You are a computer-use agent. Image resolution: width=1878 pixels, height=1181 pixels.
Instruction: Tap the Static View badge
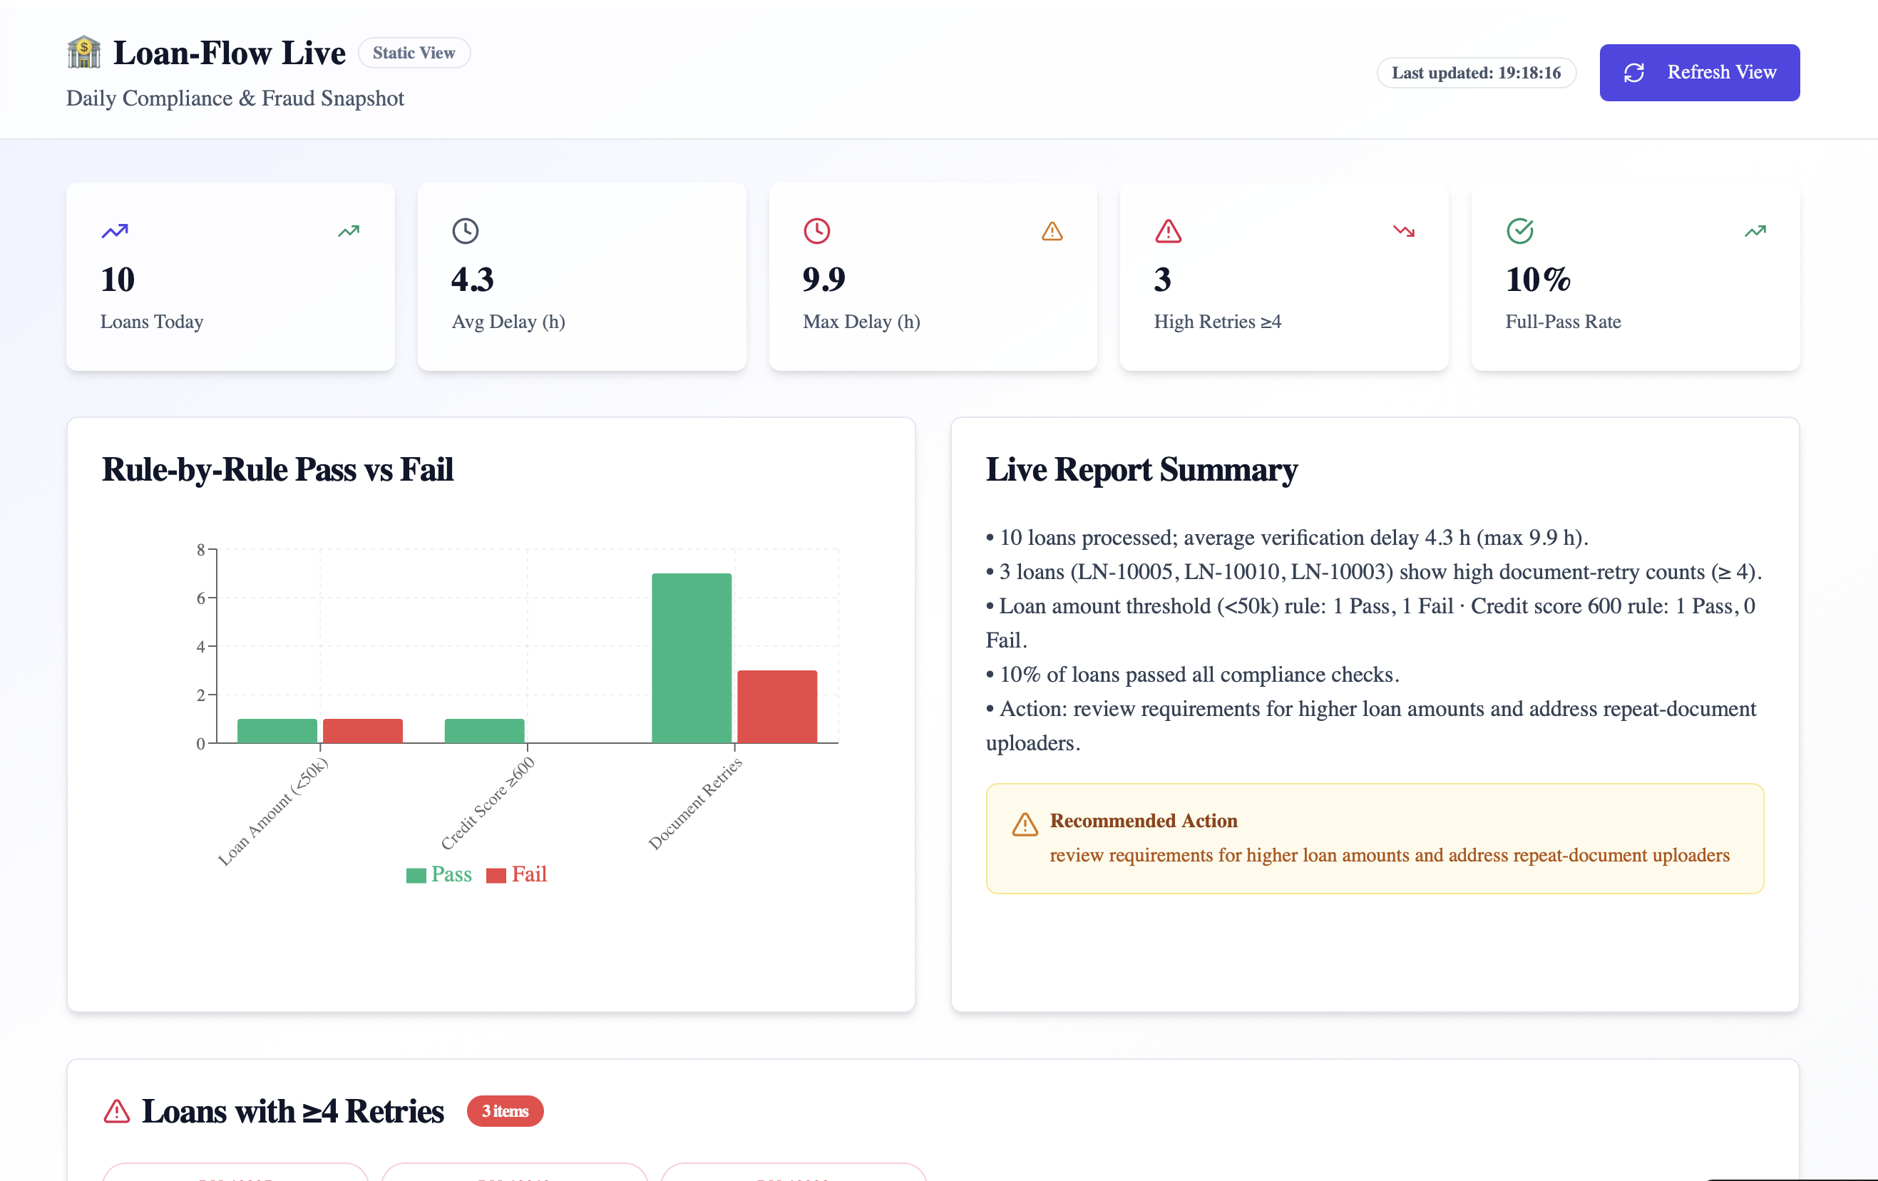click(414, 53)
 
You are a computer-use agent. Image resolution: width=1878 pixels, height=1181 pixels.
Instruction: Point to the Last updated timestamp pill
click(1476, 73)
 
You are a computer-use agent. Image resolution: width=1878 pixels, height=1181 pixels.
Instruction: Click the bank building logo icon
click(83, 52)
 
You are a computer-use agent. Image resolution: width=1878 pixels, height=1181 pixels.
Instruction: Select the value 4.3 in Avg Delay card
click(472, 280)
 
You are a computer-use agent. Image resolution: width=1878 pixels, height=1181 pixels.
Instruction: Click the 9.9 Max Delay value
click(823, 280)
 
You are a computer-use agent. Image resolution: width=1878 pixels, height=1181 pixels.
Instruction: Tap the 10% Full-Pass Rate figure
click(1537, 280)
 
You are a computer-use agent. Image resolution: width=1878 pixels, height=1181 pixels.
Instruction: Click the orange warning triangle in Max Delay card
click(1052, 231)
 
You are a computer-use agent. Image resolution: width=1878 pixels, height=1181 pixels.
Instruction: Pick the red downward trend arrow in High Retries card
click(1403, 231)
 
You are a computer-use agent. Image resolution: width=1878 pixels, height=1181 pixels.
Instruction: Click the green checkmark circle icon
click(1519, 231)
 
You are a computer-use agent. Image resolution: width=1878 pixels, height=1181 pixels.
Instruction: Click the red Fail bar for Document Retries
click(776, 706)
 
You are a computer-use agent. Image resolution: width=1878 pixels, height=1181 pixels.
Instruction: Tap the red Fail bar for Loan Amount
click(363, 731)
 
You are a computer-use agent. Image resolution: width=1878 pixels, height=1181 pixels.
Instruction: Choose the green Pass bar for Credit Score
click(484, 731)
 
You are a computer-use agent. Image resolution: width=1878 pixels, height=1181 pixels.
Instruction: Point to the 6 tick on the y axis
click(201, 598)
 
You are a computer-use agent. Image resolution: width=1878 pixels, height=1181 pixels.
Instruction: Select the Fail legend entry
click(517, 874)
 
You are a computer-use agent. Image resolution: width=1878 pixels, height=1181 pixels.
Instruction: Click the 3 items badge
click(505, 1111)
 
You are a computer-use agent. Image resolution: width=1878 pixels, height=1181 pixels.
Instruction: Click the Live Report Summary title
click(1141, 469)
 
